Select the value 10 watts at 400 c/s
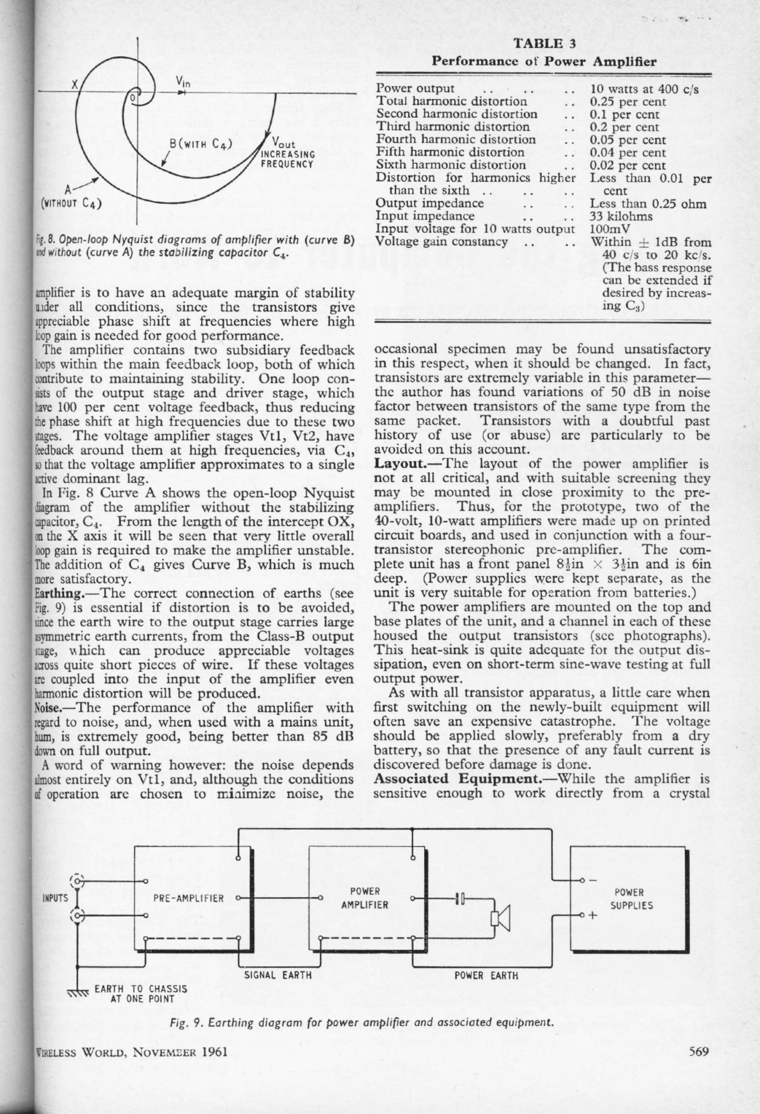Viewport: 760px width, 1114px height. (644, 89)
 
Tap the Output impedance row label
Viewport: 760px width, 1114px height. (429, 203)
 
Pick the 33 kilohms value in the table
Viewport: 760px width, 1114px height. (621, 216)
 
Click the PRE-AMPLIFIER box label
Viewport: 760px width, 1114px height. (188, 898)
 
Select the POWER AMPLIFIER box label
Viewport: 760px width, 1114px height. (365, 898)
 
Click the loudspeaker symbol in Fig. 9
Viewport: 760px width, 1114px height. (499, 918)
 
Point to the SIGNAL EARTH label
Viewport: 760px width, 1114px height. (278, 975)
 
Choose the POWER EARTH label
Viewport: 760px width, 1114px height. (486, 976)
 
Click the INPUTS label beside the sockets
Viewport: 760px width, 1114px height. (55, 898)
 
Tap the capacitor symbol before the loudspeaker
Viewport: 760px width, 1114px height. (460, 898)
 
